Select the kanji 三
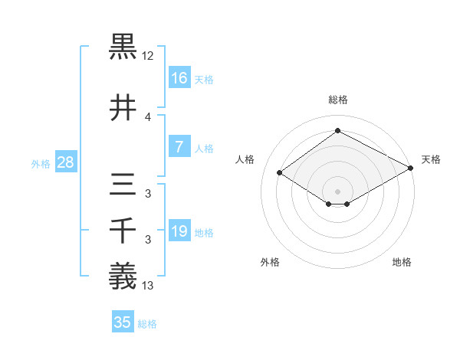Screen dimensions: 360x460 click(x=123, y=187)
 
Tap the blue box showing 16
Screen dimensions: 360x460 click(x=179, y=78)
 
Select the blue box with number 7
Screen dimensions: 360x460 click(x=179, y=147)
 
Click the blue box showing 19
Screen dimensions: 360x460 click(x=179, y=231)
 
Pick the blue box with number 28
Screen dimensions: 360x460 click(x=65, y=162)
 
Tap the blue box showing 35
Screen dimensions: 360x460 click(x=123, y=322)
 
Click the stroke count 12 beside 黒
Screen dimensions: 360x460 click(x=148, y=57)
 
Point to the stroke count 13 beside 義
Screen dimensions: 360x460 click(x=148, y=286)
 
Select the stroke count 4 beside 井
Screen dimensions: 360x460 click(x=148, y=117)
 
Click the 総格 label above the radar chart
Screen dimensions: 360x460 click(x=338, y=100)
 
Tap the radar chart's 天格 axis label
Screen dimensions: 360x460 click(x=431, y=159)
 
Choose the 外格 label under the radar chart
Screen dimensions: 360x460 click(x=270, y=262)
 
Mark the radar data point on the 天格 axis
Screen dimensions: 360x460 click(x=411, y=169)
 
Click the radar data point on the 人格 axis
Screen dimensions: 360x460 click(x=280, y=173)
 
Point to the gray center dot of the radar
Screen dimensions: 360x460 click(x=337, y=191)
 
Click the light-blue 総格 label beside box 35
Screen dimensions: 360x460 click(x=148, y=323)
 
